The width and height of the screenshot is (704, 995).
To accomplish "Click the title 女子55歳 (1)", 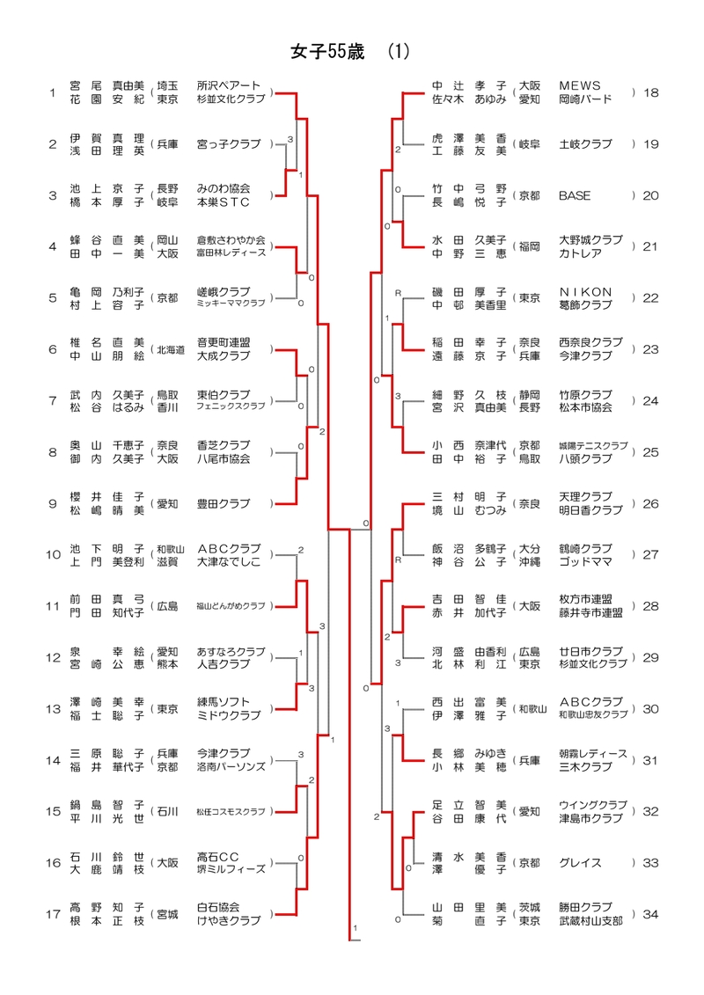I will pos(349,52).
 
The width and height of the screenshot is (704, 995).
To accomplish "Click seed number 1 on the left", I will pos(52,92).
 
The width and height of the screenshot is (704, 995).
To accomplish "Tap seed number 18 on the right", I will pos(650,92).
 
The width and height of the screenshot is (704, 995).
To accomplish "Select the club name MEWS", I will pos(579,85).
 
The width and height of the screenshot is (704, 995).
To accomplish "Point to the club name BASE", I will pos(575,195).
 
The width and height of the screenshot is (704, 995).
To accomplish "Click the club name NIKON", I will pos(585,291).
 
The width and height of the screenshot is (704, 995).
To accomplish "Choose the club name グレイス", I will pos(578,863).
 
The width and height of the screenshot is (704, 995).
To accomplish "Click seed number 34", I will pos(650,914).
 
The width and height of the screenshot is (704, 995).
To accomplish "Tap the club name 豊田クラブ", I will pos(223,504).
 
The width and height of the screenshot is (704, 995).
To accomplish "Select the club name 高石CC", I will pos(218,856).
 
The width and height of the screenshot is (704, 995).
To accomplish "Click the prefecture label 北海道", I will pos(171,350).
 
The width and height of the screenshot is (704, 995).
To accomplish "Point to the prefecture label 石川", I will pos(167,811).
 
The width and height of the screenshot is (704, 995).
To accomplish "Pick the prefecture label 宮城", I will pos(167,914).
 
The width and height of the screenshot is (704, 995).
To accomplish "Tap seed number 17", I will pos(52,914).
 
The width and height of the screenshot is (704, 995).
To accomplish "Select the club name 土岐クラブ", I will pos(585,143).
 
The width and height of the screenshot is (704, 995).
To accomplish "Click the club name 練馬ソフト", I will pos(223,702).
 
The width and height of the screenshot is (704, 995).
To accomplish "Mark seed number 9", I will pos(52,504).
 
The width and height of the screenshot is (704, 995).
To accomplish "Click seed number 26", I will pos(650,504).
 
